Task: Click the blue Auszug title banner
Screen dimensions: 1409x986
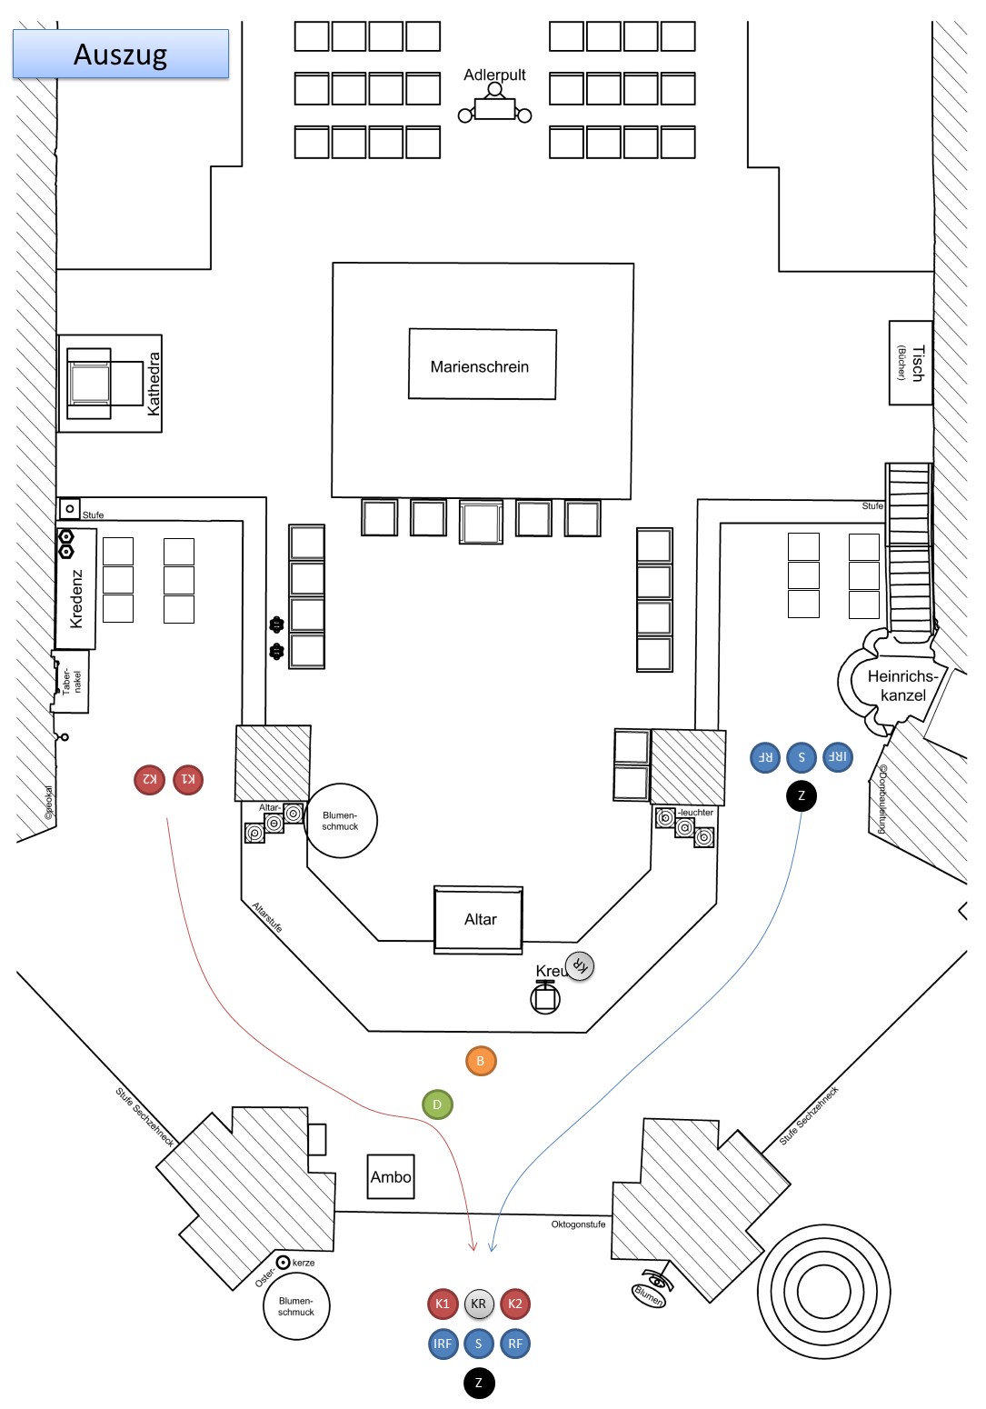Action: pyautogui.click(x=120, y=54)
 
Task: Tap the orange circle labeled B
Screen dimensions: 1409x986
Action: pyautogui.click(x=481, y=1061)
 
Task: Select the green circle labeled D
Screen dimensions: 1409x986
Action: pyautogui.click(x=437, y=1104)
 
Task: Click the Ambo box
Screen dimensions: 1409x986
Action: pyautogui.click(x=391, y=1176)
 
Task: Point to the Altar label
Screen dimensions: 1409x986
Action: pyautogui.click(x=480, y=919)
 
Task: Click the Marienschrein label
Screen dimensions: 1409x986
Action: pyautogui.click(x=480, y=366)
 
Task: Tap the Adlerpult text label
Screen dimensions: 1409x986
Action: pyautogui.click(x=494, y=75)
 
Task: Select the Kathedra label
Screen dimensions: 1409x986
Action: pyautogui.click(x=154, y=385)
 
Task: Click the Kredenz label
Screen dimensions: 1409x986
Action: pyautogui.click(x=77, y=599)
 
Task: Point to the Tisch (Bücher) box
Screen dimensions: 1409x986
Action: pyautogui.click(x=911, y=363)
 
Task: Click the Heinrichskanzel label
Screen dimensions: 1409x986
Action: pyautogui.click(x=902, y=685)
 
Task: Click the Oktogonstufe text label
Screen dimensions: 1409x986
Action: pyautogui.click(x=578, y=1224)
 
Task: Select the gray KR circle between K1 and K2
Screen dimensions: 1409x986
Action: pyautogui.click(x=479, y=1304)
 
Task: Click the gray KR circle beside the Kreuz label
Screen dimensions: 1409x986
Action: pyautogui.click(x=579, y=965)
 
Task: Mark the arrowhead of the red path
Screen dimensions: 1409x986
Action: pyautogui.click(x=473, y=1247)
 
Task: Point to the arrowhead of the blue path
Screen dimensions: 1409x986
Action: pyautogui.click(x=492, y=1247)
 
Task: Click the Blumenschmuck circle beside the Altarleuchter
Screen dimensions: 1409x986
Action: pyautogui.click(x=341, y=821)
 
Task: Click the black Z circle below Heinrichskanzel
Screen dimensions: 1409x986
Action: pyautogui.click(x=802, y=795)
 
